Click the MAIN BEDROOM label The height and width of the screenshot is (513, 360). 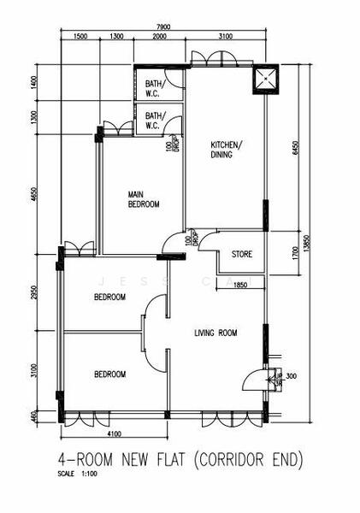point(144,199)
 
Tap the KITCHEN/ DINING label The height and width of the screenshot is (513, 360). point(227,150)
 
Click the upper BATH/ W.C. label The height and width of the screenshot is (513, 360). point(154,89)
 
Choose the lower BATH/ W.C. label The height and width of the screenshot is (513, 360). point(154,121)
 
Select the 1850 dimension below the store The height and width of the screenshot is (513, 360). point(241,286)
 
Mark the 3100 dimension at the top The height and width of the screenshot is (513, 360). point(226,38)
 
